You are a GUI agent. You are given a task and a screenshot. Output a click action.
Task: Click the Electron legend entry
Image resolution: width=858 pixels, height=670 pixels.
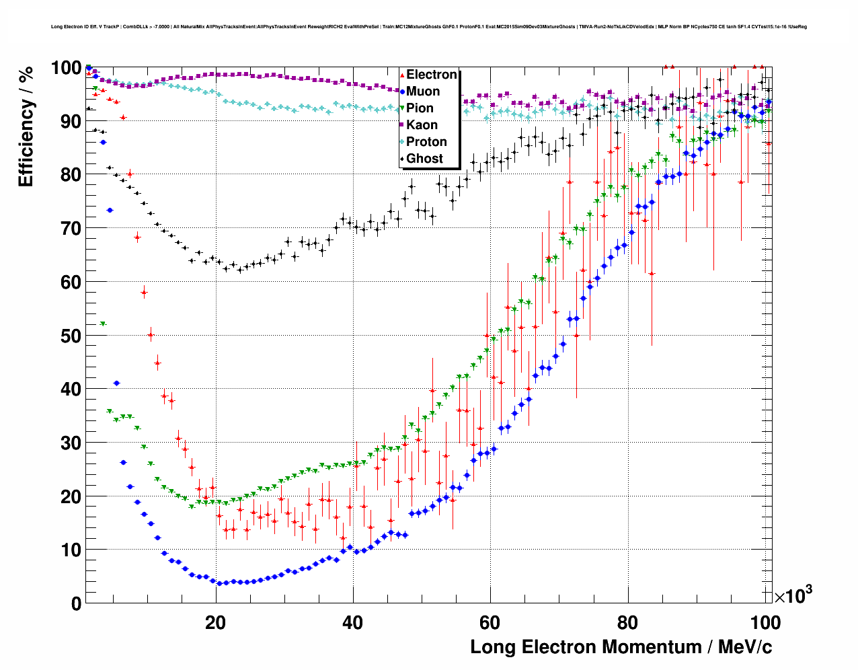point(431,75)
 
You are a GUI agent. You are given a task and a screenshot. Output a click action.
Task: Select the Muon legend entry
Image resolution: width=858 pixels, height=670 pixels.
point(423,91)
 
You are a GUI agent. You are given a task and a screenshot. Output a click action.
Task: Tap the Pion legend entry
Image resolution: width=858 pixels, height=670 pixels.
point(420,108)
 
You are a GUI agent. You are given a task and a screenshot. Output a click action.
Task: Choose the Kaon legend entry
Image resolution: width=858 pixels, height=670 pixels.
point(422,125)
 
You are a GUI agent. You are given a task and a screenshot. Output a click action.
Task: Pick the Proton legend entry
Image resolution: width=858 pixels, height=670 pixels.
point(426,142)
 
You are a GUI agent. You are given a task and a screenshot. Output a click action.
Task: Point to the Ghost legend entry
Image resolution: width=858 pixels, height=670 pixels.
point(424,159)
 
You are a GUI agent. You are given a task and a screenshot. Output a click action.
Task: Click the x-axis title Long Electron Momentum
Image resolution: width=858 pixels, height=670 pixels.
point(621,647)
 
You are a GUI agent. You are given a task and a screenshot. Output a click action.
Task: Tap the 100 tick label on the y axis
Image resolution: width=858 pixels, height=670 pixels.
point(66,68)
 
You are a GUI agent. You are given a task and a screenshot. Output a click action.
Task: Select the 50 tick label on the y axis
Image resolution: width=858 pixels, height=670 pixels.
point(71,336)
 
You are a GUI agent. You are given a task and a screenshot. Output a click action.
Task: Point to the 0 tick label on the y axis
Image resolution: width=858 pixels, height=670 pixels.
point(77,604)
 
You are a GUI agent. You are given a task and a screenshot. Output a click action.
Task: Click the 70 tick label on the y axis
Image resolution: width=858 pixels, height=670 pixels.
point(71,229)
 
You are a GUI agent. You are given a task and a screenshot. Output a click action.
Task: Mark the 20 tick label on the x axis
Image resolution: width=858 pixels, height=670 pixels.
point(215,623)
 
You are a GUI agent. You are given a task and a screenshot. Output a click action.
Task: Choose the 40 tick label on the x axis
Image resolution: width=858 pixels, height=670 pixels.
point(352,623)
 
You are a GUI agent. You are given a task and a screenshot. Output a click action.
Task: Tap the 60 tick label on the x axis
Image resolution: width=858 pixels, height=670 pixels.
point(490,623)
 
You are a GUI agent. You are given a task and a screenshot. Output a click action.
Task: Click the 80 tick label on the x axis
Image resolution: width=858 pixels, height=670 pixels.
point(627,623)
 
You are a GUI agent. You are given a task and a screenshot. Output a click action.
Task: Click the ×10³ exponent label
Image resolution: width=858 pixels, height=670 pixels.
point(793,596)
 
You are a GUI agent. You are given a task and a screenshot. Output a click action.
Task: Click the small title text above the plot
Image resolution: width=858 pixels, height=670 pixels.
point(429,27)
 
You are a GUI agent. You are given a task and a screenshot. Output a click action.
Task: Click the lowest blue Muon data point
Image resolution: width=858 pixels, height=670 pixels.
point(219,583)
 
